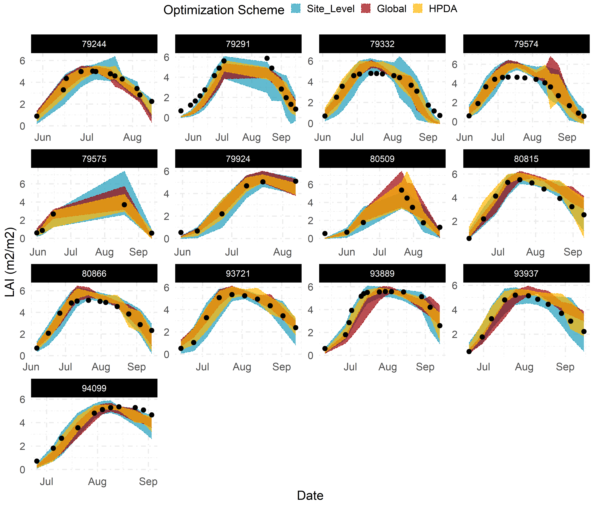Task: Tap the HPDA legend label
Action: coord(443,9)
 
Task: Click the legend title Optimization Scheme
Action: coord(224,10)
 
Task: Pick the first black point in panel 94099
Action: coord(37,461)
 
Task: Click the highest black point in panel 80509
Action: coord(402,190)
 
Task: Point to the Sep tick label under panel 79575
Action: coord(138,252)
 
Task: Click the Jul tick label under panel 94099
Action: coord(46,481)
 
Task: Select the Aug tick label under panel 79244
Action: coord(132,137)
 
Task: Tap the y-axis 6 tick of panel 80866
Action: coord(22,291)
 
